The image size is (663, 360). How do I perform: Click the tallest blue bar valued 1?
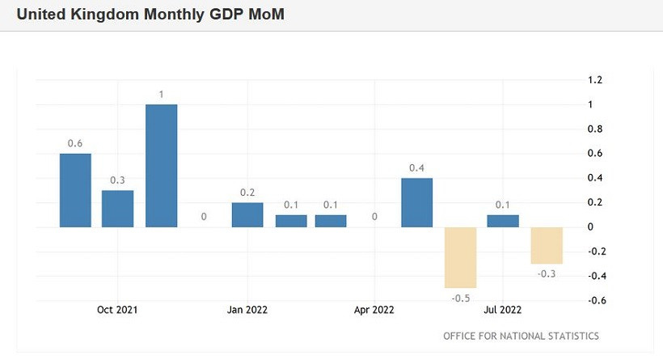click(161, 166)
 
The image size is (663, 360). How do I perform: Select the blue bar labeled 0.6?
click(75, 190)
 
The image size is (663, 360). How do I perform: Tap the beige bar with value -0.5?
click(461, 257)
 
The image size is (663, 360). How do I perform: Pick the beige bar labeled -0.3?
click(547, 245)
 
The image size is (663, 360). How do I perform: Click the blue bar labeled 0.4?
click(417, 202)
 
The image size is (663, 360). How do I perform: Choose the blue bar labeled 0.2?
click(247, 214)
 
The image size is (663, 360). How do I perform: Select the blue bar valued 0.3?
click(118, 209)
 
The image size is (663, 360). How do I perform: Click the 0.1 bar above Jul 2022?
click(503, 221)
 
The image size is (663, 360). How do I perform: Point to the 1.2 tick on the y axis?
click(596, 80)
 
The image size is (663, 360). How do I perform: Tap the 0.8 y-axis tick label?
click(596, 129)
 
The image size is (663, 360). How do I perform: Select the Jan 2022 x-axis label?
click(247, 310)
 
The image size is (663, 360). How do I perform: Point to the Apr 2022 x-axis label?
click(374, 310)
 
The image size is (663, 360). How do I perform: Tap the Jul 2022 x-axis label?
click(503, 310)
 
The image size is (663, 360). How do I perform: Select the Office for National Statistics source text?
click(521, 336)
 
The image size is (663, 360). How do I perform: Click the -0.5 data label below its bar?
click(461, 299)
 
